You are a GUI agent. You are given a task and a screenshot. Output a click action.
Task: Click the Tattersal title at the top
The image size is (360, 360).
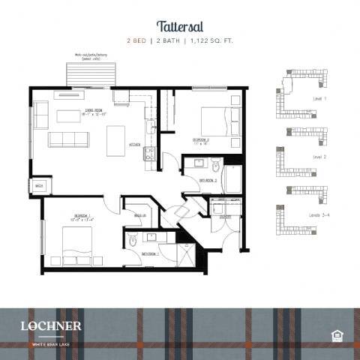pos(179,25)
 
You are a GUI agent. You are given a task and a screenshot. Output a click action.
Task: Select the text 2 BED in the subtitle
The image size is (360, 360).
pos(136,40)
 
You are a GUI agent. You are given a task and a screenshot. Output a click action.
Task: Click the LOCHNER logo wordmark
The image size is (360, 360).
pos(52,326)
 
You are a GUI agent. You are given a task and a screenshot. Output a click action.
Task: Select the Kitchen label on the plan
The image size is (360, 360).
pos(135,144)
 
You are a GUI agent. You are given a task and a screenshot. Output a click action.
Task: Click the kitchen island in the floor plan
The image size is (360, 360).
pos(116,140)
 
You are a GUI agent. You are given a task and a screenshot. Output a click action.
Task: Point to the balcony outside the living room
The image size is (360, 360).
pos(92,74)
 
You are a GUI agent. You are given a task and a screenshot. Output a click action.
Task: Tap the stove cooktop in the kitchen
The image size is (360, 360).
pos(148,154)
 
